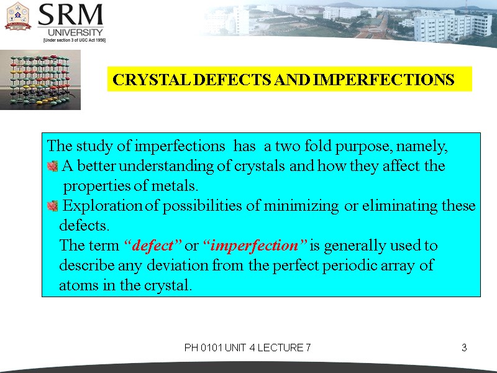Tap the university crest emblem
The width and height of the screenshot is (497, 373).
[18, 17]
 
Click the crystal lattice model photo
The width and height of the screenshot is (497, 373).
[40, 81]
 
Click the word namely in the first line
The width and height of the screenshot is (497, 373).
[425, 147]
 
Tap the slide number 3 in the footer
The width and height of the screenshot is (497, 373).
[463, 348]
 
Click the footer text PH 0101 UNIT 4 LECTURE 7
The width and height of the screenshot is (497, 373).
[247, 348]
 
